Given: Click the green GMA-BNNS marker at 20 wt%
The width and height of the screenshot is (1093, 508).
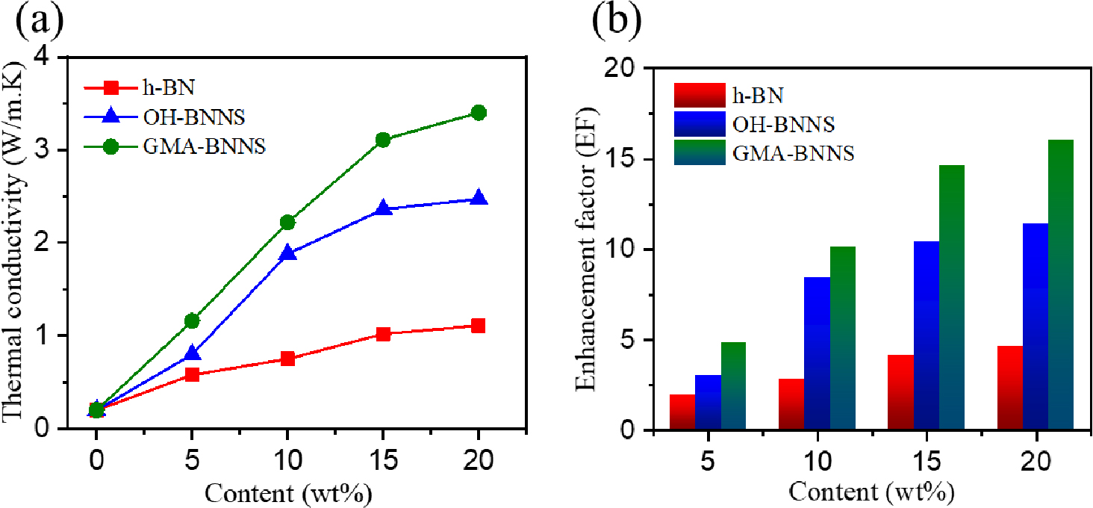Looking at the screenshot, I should pos(479,113).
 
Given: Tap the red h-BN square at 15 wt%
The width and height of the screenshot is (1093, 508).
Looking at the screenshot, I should pos(383,334).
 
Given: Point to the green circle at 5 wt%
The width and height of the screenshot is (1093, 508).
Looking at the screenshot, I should pos(192,320).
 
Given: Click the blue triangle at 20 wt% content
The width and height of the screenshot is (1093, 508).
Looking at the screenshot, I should pos(479,199).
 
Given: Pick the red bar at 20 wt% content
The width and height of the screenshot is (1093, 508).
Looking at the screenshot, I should pos(1005,388).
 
